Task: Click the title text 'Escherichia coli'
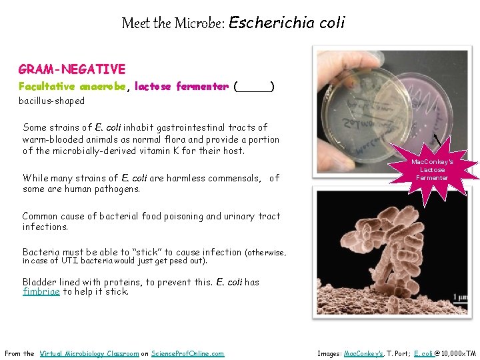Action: [x=287, y=23]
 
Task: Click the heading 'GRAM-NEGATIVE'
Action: [x=72, y=69]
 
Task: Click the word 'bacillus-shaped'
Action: [x=51, y=101]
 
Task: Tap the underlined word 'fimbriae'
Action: [x=41, y=292]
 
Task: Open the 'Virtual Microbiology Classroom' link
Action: [x=89, y=353]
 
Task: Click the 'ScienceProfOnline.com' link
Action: [x=188, y=353]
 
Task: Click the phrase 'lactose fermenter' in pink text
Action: [x=181, y=87]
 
